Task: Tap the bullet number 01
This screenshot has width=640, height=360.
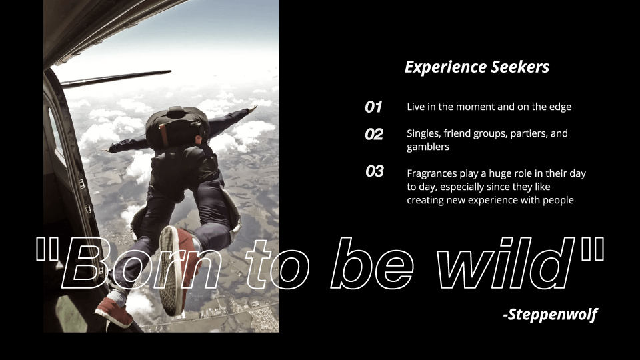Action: pos(373,107)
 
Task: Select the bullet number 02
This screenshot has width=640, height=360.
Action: pos(374,134)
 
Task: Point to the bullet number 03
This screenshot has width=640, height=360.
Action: pos(374,171)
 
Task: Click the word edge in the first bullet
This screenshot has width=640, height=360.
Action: pos(560,107)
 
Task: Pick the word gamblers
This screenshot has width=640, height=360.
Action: pos(428,147)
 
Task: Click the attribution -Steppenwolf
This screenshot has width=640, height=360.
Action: pos(551,314)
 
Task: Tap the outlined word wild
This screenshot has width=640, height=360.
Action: pos(506,263)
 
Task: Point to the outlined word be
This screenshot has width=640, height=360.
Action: pos(372,263)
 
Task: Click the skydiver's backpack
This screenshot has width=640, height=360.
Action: pos(177,128)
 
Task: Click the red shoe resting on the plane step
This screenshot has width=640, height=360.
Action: pos(114,311)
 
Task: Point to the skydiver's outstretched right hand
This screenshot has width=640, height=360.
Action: pos(252,109)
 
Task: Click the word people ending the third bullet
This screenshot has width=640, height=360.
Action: pos(559,201)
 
